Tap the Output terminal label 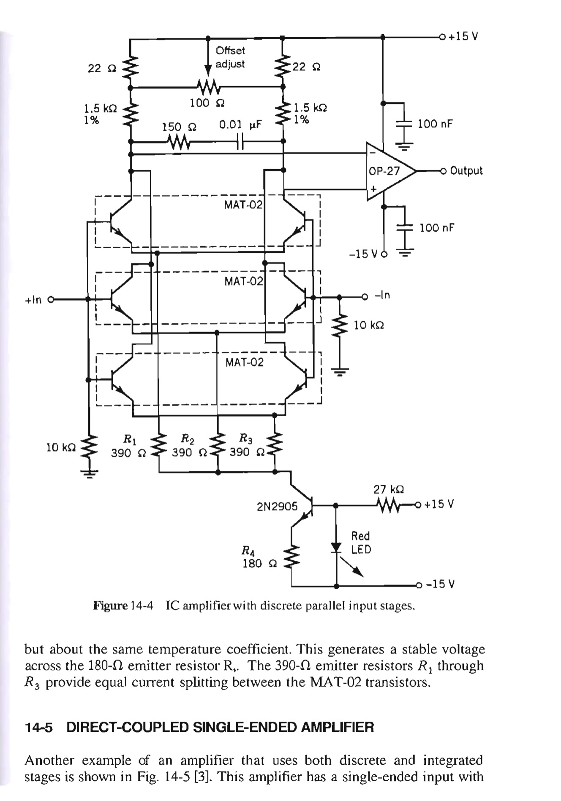click(x=466, y=171)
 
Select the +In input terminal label click(x=33, y=300)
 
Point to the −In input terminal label click(x=382, y=295)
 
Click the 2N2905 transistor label click(x=277, y=506)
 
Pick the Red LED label click(x=361, y=543)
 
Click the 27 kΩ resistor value click(x=389, y=489)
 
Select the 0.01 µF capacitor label click(x=240, y=125)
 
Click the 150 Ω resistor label click(x=177, y=127)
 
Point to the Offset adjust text click(x=230, y=57)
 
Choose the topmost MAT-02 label click(x=243, y=205)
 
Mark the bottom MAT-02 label click(x=244, y=362)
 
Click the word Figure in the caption click(x=110, y=606)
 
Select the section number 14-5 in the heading click(x=38, y=727)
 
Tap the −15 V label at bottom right click(x=440, y=584)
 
